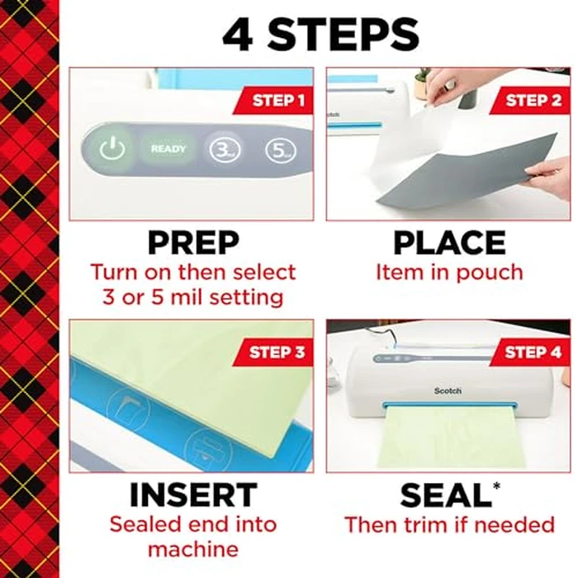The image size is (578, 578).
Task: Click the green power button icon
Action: coord(111,149)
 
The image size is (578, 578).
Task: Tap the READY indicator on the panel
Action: coord(168,149)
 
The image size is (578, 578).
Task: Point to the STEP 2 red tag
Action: coord(533,101)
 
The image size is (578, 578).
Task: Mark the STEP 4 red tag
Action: coord(533,353)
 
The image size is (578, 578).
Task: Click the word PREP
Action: coord(193,244)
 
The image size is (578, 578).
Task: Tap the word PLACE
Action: coord(449,244)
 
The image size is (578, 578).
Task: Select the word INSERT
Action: coord(193,495)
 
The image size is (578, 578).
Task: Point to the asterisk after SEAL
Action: coord(496,483)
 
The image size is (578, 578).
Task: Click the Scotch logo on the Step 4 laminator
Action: coord(448,391)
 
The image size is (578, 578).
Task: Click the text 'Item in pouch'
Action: coord(449,272)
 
